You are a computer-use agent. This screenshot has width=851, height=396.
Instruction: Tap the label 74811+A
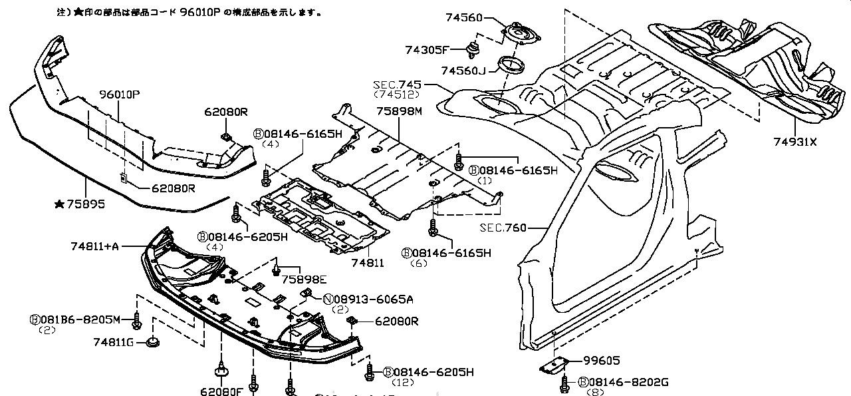(94, 246)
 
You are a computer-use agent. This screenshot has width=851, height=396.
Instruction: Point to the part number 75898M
(399, 111)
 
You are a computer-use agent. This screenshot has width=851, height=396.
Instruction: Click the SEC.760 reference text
(503, 228)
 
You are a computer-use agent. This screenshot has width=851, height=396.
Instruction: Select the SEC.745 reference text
(396, 85)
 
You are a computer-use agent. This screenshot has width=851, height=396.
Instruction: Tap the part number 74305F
(427, 49)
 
